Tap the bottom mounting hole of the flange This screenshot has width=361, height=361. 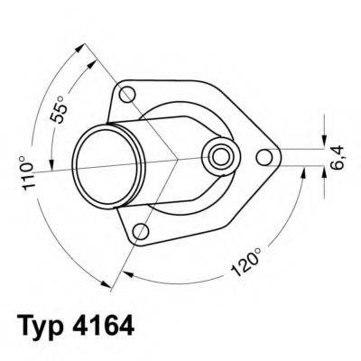(139, 234)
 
